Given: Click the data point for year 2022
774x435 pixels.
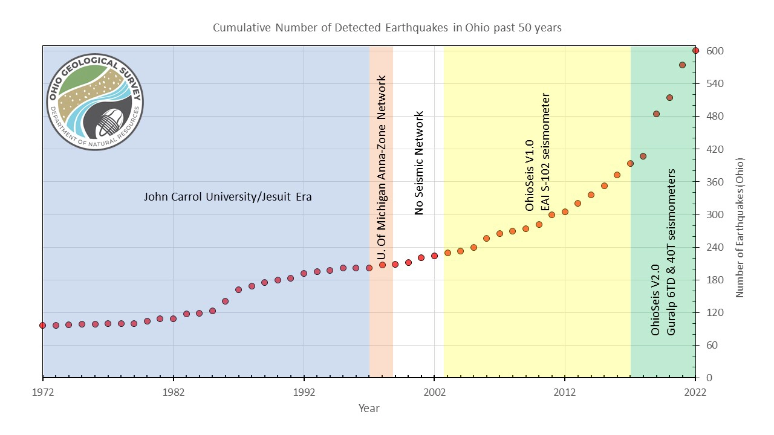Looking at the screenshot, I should click(695, 51).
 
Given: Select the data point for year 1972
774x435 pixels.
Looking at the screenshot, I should click(43, 325).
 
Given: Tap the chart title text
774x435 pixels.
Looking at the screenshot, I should click(387, 28).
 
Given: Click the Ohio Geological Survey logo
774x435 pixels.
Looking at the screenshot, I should click(95, 101).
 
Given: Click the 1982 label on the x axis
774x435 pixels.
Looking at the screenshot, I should click(174, 392).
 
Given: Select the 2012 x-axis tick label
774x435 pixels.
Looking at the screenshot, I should click(565, 392).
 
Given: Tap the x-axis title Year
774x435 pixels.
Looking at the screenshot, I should click(369, 408).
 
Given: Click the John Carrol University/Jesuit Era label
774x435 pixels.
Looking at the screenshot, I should click(227, 196).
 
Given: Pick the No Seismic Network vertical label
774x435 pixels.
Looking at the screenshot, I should click(419, 163).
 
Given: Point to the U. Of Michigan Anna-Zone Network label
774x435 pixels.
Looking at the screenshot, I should click(381, 169).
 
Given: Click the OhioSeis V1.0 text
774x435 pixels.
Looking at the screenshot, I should click(530, 175).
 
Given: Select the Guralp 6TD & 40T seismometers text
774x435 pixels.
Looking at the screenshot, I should click(671, 253).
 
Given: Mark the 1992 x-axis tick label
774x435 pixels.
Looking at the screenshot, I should click(304, 392).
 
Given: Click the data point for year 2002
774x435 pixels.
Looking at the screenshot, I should click(434, 256).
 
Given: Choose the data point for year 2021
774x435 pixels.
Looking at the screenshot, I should click(682, 65).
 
